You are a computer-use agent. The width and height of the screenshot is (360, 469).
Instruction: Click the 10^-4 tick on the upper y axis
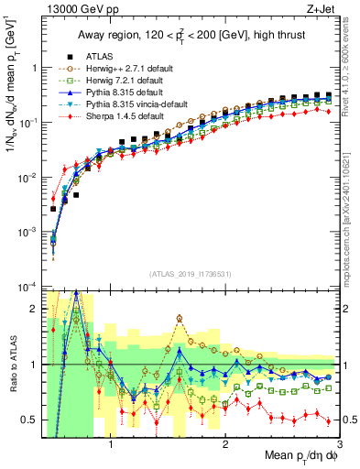point(31,287)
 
